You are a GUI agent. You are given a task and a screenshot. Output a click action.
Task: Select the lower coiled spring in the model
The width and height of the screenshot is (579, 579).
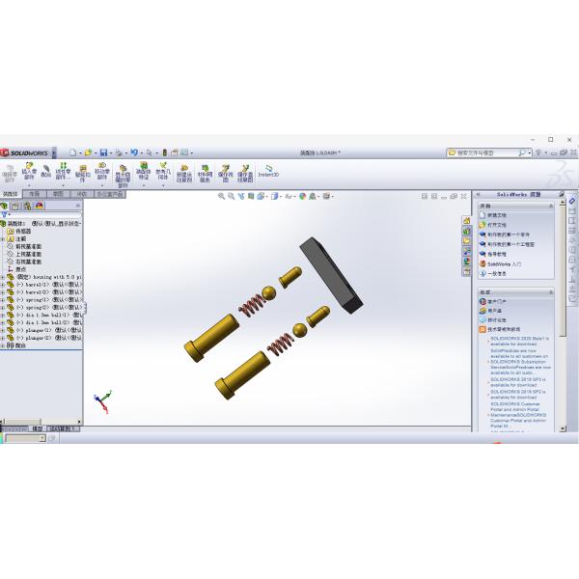pos(280,341)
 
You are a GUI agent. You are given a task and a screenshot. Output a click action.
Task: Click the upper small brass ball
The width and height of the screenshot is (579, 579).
pos(271,293)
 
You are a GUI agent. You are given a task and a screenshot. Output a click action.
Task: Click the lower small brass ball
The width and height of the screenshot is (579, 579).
pos(300,330)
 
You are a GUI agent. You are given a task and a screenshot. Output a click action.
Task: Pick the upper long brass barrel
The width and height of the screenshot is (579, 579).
pos(213,334)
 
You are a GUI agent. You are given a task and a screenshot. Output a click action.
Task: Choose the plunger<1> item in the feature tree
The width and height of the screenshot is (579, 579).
pos(39,330)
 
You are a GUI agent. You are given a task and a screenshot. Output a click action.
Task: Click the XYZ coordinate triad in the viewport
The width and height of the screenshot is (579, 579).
pos(100,399)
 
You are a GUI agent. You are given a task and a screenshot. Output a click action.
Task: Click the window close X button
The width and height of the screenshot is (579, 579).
pos(568,140)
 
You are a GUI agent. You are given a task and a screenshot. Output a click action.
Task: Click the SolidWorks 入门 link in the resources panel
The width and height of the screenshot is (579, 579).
pos(504,263)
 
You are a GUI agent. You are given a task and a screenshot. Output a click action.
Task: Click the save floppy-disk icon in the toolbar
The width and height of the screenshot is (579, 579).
pos(103,152)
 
